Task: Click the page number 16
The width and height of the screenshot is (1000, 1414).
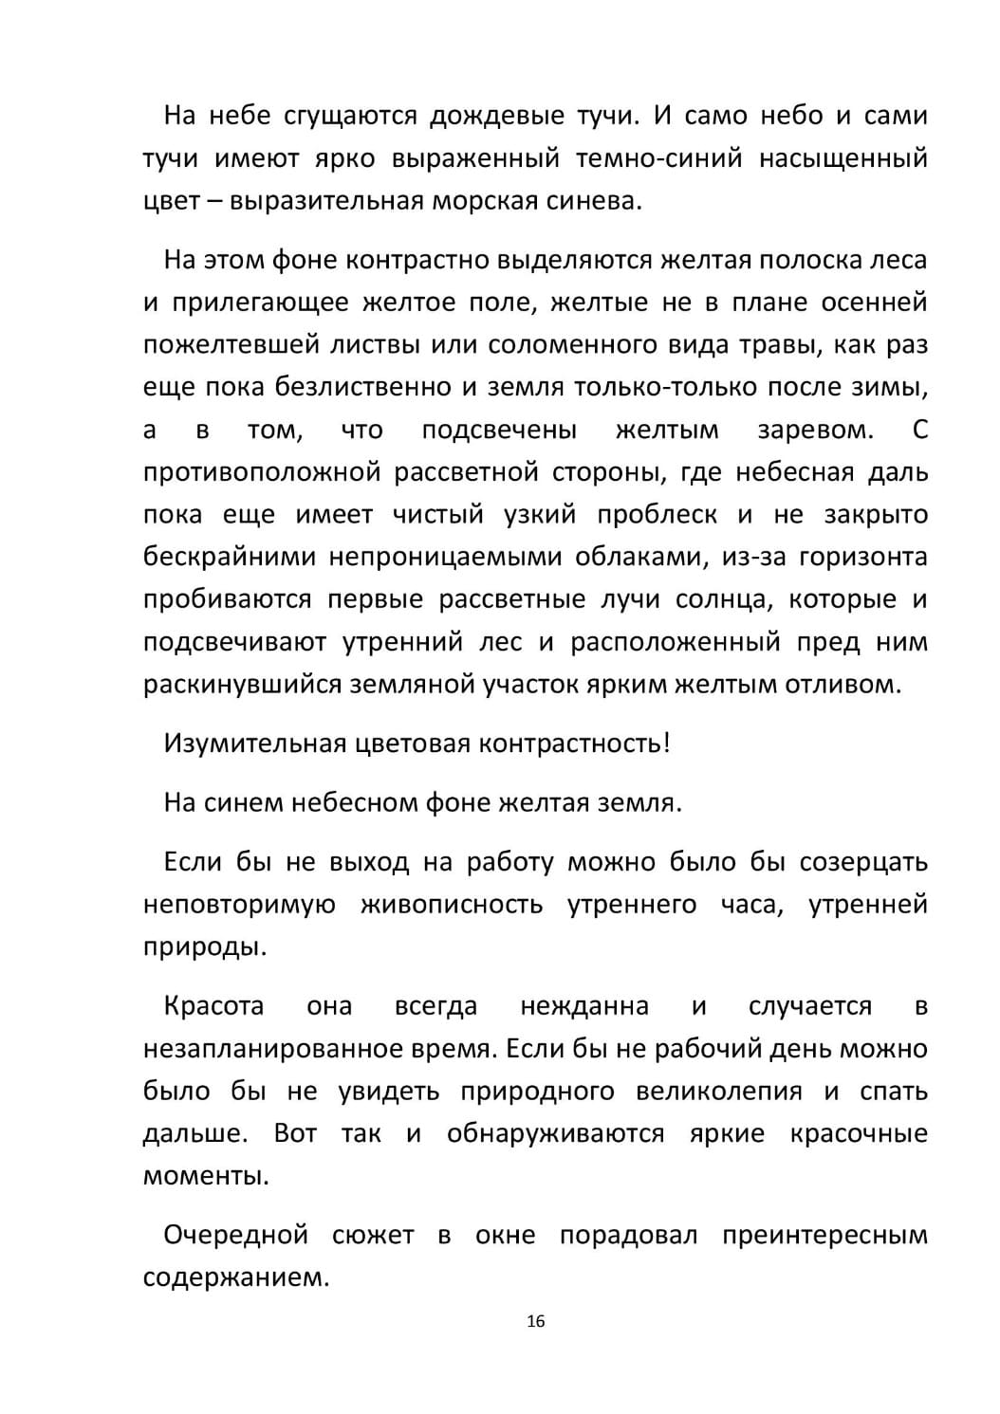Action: (535, 1321)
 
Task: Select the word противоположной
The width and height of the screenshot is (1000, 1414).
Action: (262, 472)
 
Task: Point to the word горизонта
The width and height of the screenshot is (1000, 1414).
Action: (862, 557)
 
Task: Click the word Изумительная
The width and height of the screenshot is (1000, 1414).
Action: (253, 744)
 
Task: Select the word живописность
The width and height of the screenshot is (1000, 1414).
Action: (451, 905)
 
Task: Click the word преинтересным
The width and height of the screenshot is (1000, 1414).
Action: (824, 1236)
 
